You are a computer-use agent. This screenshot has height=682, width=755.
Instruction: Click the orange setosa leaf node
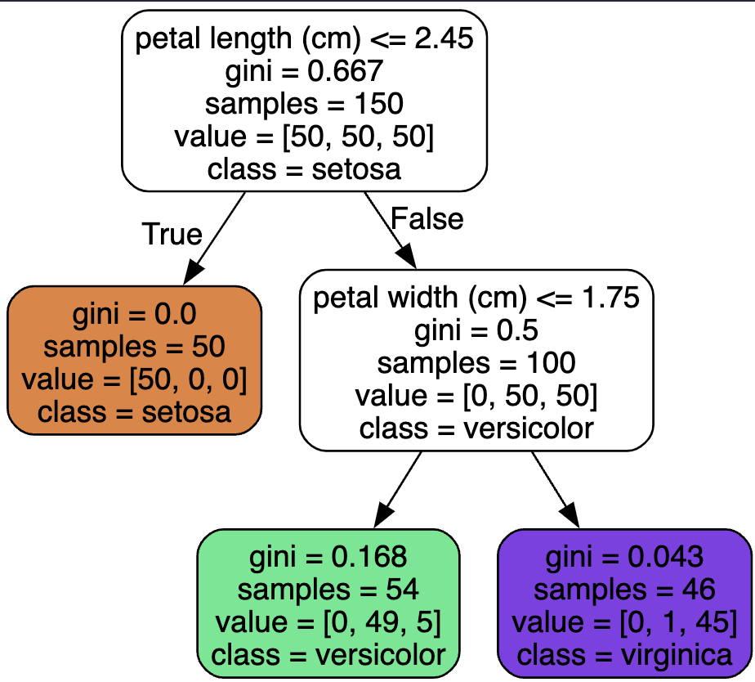click(x=134, y=361)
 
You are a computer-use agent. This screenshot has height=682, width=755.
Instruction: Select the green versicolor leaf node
click(x=328, y=603)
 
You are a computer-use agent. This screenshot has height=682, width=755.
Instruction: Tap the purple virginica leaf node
click(x=624, y=603)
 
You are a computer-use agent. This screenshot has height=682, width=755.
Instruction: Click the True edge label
click(x=172, y=234)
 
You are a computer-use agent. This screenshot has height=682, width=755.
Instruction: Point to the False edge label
click(x=427, y=218)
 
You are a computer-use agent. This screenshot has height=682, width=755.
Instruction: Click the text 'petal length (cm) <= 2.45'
click(x=304, y=38)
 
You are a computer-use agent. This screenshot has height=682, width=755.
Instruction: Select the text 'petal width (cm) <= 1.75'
click(x=476, y=298)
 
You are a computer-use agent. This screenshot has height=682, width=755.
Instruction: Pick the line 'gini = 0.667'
click(x=304, y=71)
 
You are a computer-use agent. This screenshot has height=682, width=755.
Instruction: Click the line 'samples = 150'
click(x=304, y=104)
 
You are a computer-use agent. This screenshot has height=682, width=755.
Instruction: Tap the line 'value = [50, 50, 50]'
click(x=304, y=137)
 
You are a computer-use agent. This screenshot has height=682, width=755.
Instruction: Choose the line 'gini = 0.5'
click(x=476, y=330)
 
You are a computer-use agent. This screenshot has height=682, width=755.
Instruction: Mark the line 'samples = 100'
click(x=476, y=362)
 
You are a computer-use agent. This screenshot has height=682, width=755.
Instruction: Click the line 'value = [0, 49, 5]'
click(x=328, y=622)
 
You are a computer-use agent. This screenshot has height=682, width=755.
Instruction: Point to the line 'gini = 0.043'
click(x=624, y=558)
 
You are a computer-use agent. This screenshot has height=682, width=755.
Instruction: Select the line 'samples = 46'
click(x=624, y=590)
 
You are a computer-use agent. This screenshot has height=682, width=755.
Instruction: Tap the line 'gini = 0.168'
click(x=328, y=558)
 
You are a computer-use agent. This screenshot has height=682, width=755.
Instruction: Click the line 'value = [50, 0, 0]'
click(x=134, y=379)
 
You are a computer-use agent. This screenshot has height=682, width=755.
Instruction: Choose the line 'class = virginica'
click(x=624, y=654)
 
